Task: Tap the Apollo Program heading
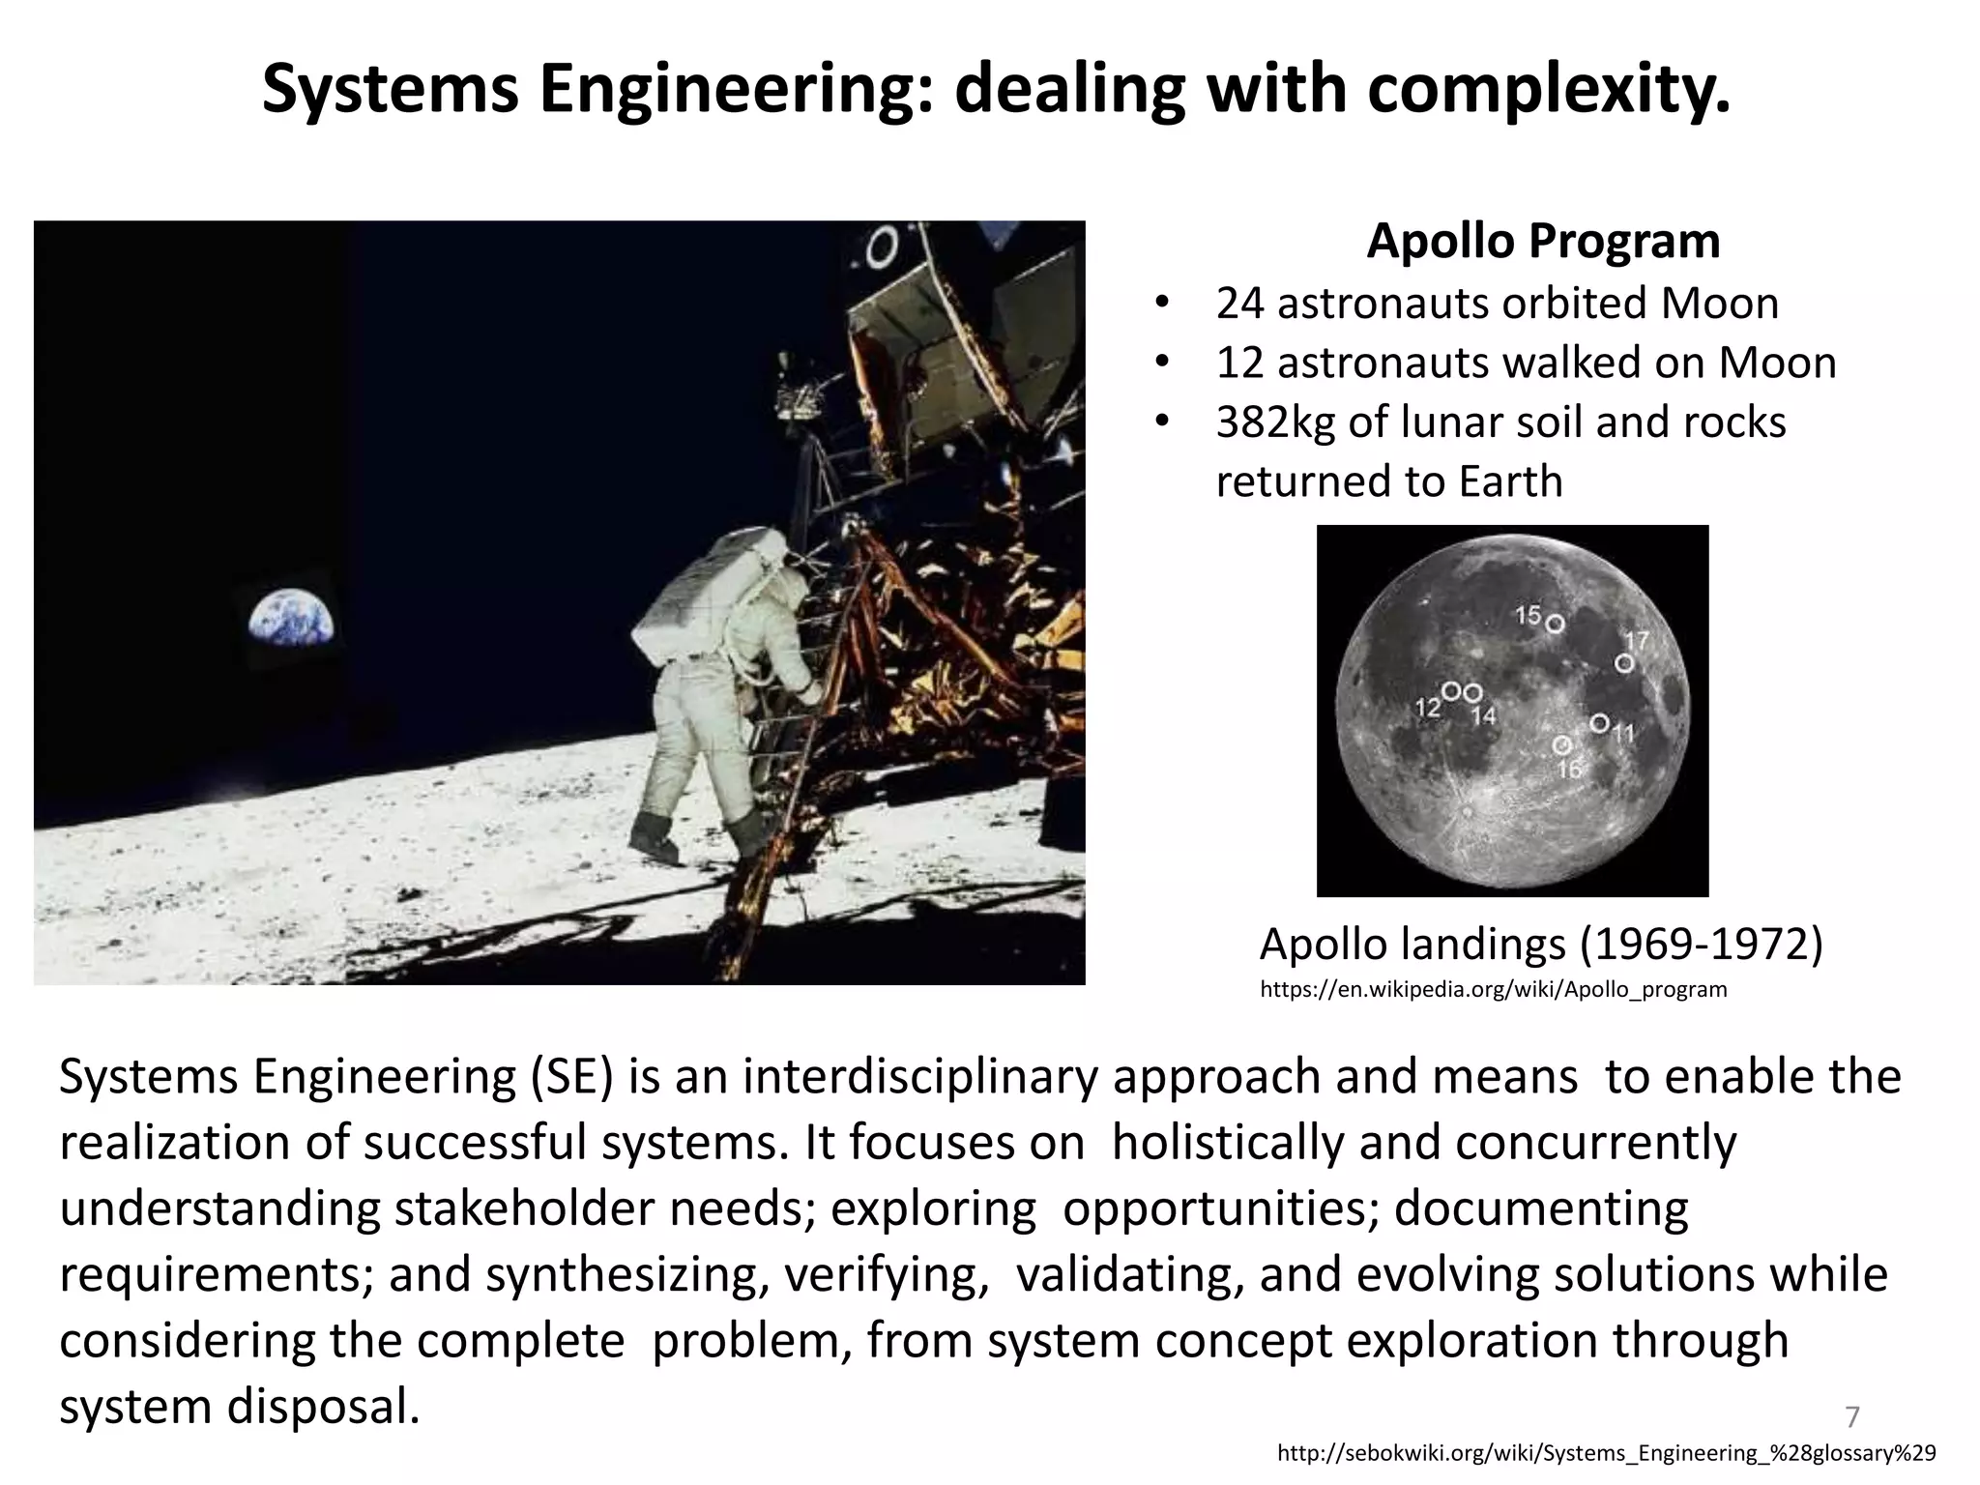[1543, 242]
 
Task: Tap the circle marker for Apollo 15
[1555, 624]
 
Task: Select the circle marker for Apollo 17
[1624, 663]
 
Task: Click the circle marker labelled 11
[1599, 723]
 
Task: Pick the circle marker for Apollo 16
[1561, 745]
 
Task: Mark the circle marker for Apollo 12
[1451, 691]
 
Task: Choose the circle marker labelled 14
[1472, 693]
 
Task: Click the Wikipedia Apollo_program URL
[1493, 990]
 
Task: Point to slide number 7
[1851, 1417]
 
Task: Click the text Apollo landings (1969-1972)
[1541, 944]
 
